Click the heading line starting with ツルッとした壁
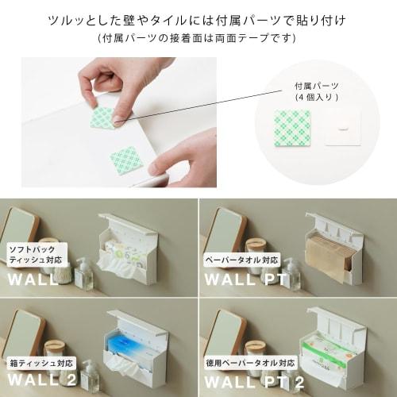tap(198, 18)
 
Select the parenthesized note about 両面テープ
tap(198, 37)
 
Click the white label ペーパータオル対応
tap(240, 260)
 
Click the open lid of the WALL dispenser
tap(126, 223)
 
